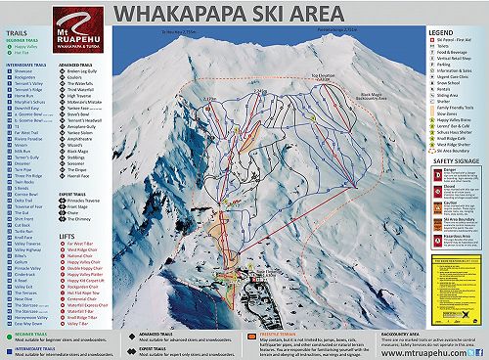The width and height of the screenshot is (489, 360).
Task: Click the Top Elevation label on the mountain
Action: click(322, 74)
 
